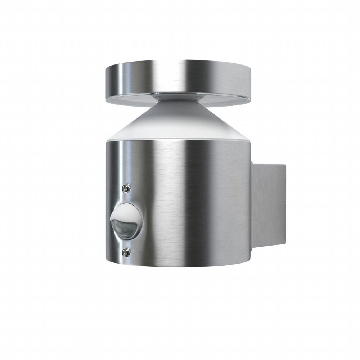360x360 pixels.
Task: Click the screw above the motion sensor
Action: (126, 187)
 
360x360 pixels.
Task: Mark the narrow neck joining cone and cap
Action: (180, 96)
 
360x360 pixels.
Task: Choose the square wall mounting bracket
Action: (268, 209)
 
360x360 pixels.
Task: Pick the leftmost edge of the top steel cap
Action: (105, 83)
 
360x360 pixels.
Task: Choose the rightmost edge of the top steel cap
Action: (255, 83)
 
